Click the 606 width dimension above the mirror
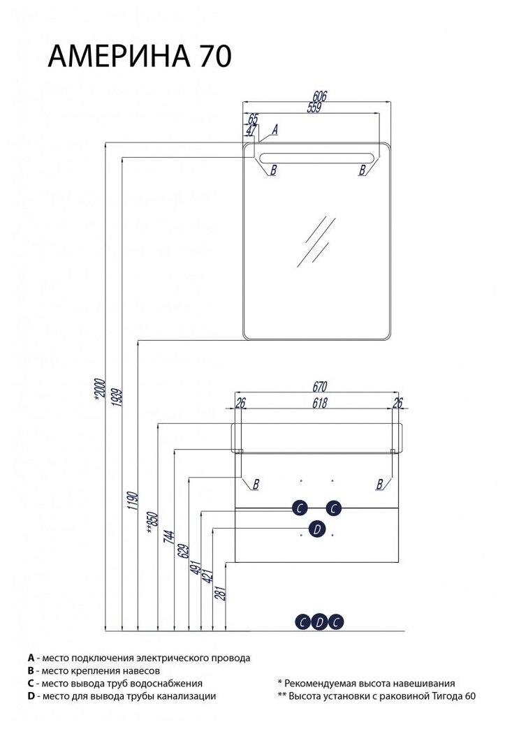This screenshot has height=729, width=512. pyautogui.click(x=319, y=97)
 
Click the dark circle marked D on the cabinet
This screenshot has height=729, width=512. pyautogui.click(x=316, y=529)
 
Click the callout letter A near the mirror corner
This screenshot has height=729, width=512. pyautogui.click(x=275, y=129)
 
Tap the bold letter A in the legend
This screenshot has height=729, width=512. pyautogui.click(x=31, y=658)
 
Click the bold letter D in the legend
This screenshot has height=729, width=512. pyautogui.click(x=31, y=696)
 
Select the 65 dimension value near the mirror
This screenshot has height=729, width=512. pyautogui.click(x=252, y=119)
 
